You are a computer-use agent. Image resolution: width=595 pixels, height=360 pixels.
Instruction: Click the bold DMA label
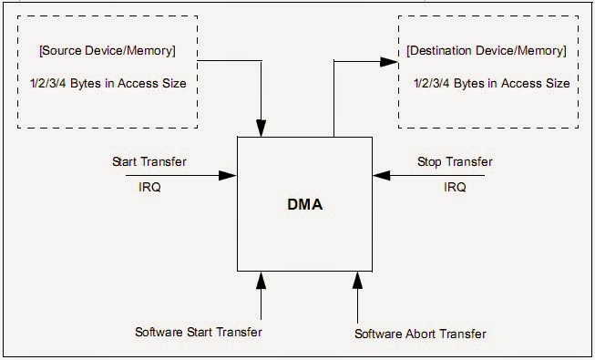click(303, 206)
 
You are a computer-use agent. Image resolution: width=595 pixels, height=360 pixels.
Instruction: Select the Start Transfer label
click(149, 162)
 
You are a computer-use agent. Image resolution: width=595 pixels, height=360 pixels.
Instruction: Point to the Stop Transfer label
click(455, 162)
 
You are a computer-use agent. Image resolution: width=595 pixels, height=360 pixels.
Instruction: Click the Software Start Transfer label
click(198, 332)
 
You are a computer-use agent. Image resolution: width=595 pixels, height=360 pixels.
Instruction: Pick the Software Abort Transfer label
click(420, 333)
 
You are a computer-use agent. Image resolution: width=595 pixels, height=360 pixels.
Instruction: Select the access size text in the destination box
click(491, 83)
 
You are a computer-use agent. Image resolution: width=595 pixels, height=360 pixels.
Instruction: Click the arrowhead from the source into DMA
click(262, 129)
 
